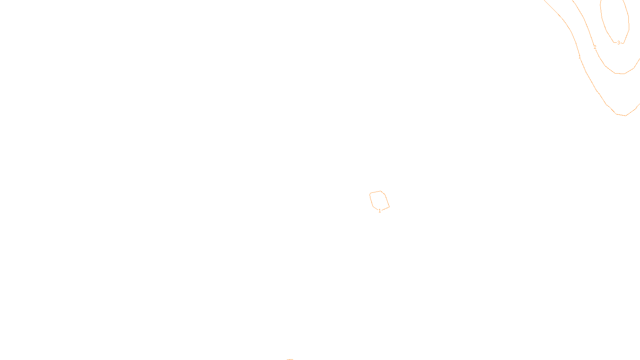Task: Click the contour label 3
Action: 618,43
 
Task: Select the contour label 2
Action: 595,47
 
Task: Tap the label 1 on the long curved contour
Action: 580,57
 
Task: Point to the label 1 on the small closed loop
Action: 380,211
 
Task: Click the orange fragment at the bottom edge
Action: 290,359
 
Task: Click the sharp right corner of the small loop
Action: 389,207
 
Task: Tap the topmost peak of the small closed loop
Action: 380,191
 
